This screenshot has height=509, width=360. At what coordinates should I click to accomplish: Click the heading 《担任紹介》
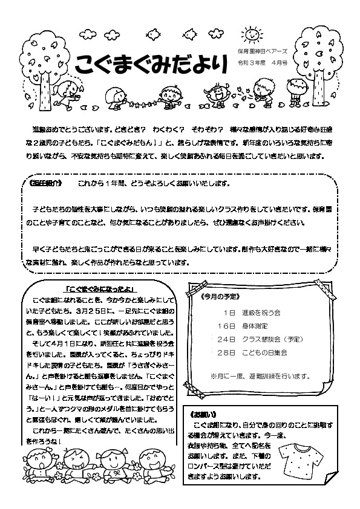click(46, 183)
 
